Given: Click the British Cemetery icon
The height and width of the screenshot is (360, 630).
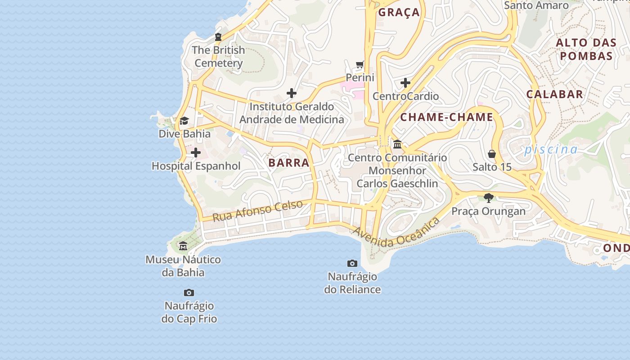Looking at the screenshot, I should pyautogui.click(x=218, y=37).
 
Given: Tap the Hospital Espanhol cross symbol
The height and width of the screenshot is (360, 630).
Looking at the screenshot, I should pyautogui.click(x=196, y=153).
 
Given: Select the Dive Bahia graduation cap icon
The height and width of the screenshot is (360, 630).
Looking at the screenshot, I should pyautogui.click(x=184, y=121).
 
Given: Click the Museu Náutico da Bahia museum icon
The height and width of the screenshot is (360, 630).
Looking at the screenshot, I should pyautogui.click(x=183, y=246).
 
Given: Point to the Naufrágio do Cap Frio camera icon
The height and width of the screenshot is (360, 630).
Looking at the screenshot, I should pyautogui.click(x=189, y=293).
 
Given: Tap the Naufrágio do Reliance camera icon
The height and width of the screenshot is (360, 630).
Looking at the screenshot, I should pyautogui.click(x=352, y=263).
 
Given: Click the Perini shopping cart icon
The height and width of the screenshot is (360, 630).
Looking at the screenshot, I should pyautogui.click(x=360, y=65).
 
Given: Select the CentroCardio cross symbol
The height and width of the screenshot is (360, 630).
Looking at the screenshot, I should pyautogui.click(x=405, y=83).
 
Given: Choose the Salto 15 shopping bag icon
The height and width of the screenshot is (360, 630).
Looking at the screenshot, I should pyautogui.click(x=492, y=154).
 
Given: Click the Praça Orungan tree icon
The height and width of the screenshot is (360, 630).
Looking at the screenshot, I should pyautogui.click(x=488, y=198).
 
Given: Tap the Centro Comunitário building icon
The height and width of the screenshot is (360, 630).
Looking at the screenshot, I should pyautogui.click(x=397, y=144).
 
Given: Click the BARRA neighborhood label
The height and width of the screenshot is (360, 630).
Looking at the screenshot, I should pyautogui.click(x=289, y=163).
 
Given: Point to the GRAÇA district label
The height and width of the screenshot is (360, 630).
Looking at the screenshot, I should pyautogui.click(x=399, y=13).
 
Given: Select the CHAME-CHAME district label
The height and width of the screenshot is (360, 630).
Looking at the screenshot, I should pyautogui.click(x=447, y=117).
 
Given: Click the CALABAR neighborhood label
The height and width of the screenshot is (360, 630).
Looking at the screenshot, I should pyautogui.click(x=554, y=94).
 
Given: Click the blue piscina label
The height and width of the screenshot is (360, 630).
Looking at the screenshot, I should pyautogui.click(x=551, y=149).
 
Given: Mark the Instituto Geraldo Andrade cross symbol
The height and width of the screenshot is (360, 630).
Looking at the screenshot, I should pyautogui.click(x=292, y=93).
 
